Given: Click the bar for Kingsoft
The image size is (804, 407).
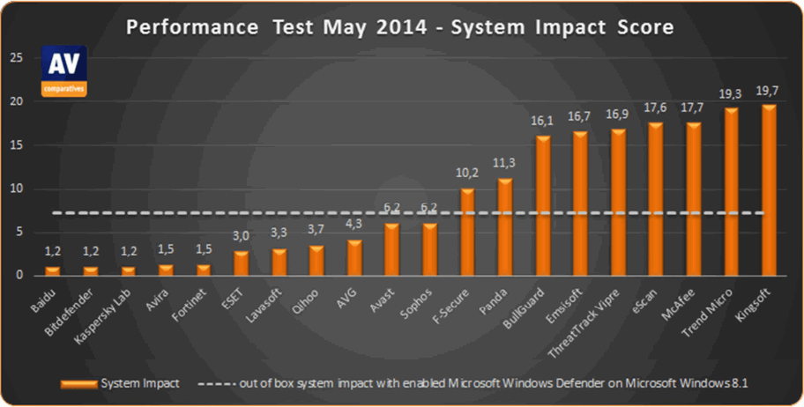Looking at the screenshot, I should (x=769, y=189).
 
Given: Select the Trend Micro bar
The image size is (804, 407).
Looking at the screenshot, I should (x=731, y=191).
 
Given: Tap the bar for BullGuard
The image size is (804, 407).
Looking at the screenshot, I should (x=542, y=205).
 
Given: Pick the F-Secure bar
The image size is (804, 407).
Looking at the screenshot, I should (x=466, y=231).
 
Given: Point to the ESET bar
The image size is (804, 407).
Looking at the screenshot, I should (x=241, y=263).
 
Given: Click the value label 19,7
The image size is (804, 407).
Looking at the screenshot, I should (x=769, y=91).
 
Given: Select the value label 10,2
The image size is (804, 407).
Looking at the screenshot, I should (x=466, y=174).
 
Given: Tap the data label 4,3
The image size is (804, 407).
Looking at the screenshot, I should (x=354, y=226).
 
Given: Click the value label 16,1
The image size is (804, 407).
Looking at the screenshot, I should (x=542, y=122).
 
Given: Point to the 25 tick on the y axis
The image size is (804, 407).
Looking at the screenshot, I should (x=16, y=58).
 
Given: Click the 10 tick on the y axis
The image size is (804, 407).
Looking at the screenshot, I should (x=16, y=189).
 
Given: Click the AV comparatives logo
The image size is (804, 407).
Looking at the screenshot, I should (x=63, y=70).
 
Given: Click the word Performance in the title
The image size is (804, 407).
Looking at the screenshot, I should (x=182, y=27).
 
